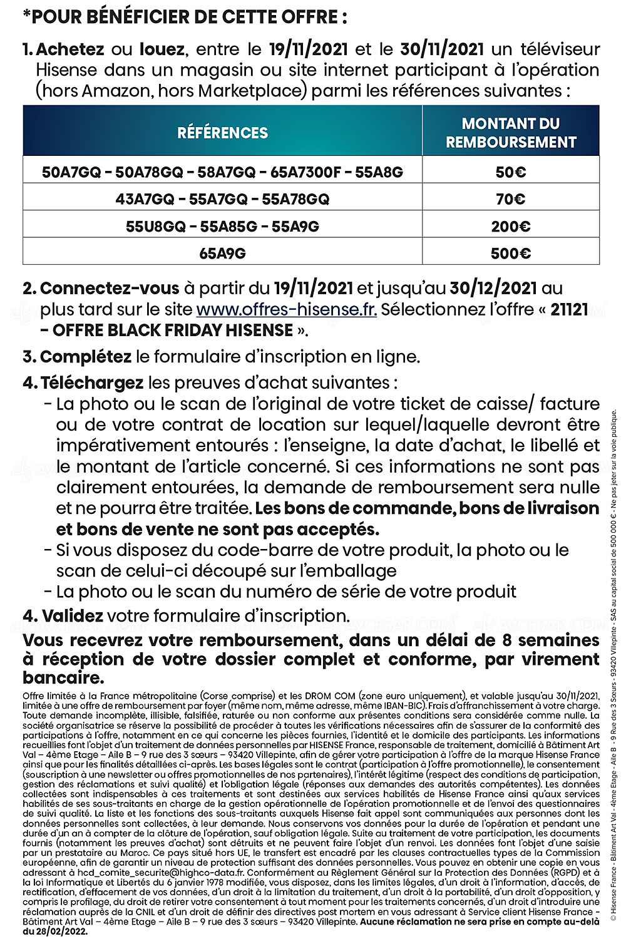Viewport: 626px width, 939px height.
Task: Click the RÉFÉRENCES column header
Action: (x=222, y=133)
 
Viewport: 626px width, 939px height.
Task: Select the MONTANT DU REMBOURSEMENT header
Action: (x=511, y=133)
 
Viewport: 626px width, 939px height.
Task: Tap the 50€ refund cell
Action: (x=511, y=172)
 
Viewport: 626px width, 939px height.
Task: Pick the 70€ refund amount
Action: (x=511, y=199)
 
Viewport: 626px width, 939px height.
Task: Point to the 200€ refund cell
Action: (x=511, y=227)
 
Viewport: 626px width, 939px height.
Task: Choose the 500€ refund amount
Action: (x=511, y=254)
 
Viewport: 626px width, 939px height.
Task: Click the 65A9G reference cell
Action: (x=222, y=254)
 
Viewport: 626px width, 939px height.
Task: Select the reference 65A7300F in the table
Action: (x=302, y=172)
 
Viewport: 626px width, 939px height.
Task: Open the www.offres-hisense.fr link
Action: (x=286, y=309)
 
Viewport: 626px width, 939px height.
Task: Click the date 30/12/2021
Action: (x=493, y=289)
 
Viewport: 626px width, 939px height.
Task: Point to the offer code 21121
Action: (x=569, y=309)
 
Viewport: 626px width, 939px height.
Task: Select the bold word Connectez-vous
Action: (x=110, y=289)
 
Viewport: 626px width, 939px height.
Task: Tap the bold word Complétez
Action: (x=86, y=357)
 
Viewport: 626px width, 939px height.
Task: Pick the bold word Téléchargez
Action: (x=92, y=382)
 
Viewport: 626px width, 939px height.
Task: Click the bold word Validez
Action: (x=73, y=616)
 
